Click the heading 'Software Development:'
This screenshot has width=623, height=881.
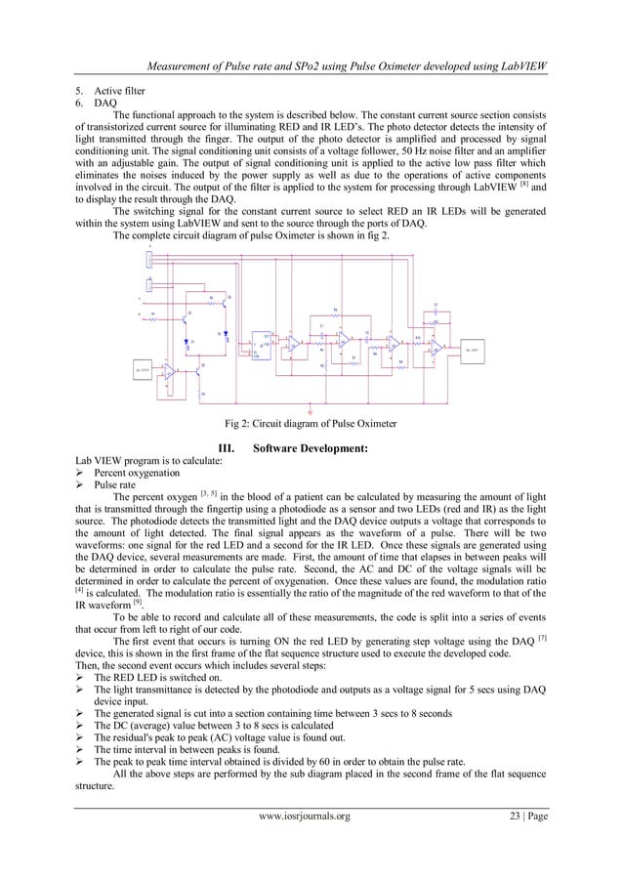click(x=310, y=448)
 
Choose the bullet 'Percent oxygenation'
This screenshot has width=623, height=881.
click(x=137, y=472)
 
